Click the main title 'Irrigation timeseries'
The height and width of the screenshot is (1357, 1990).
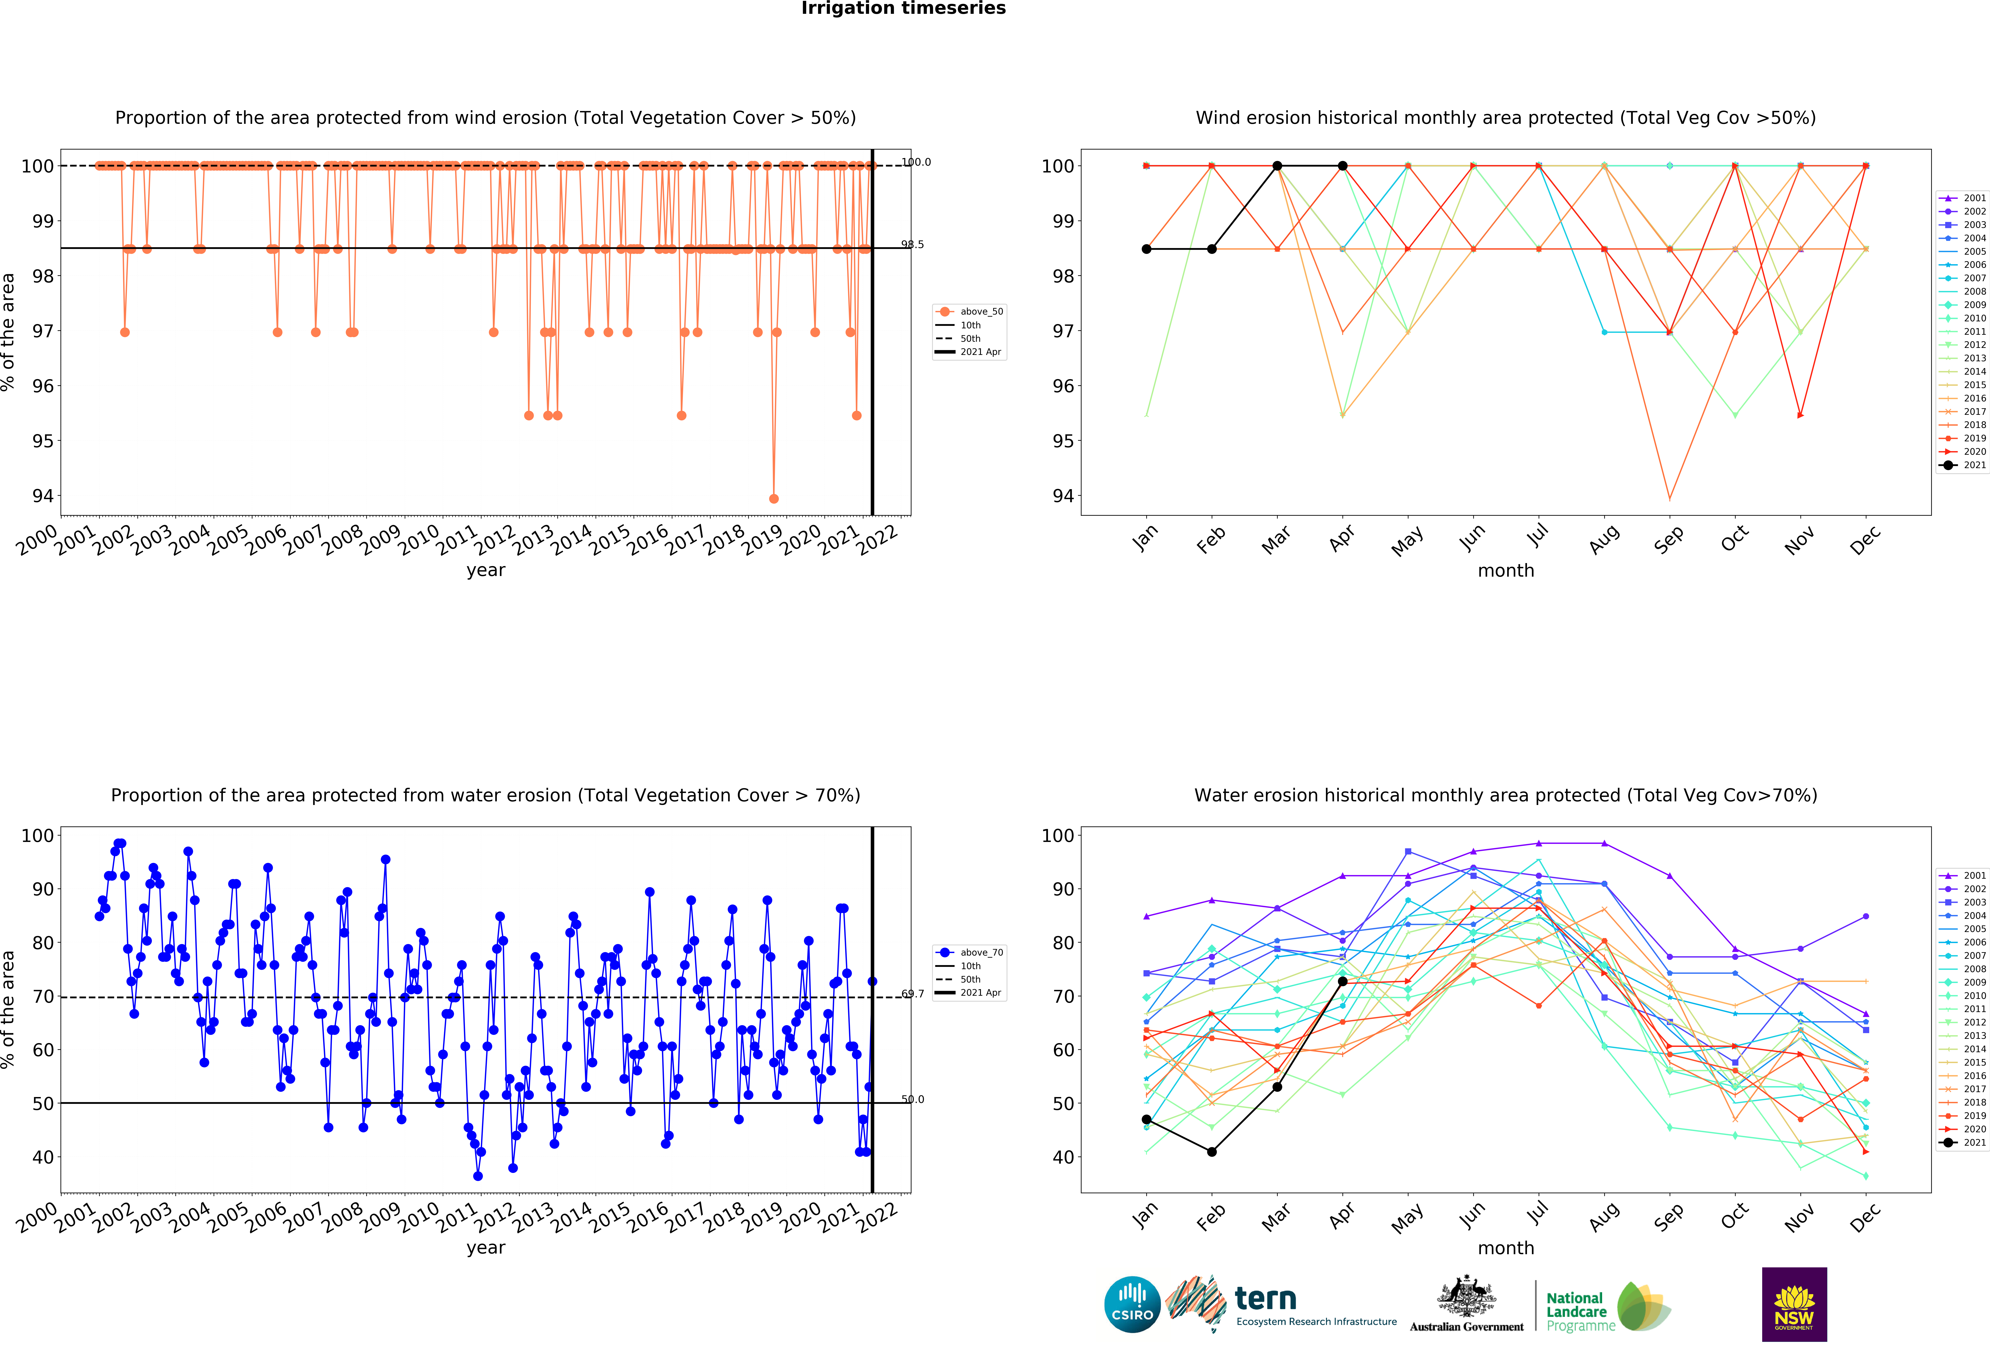click(x=903, y=8)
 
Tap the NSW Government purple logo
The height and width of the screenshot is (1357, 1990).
click(x=1794, y=1304)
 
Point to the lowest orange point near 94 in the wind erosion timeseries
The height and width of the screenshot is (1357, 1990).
click(x=774, y=498)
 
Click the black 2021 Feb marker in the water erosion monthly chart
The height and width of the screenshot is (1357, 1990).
click(x=1212, y=1152)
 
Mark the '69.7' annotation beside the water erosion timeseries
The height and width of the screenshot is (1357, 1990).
click(x=913, y=994)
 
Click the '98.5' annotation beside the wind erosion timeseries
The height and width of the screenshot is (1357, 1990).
click(x=913, y=245)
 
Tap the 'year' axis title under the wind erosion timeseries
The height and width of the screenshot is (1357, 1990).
click(x=486, y=570)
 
